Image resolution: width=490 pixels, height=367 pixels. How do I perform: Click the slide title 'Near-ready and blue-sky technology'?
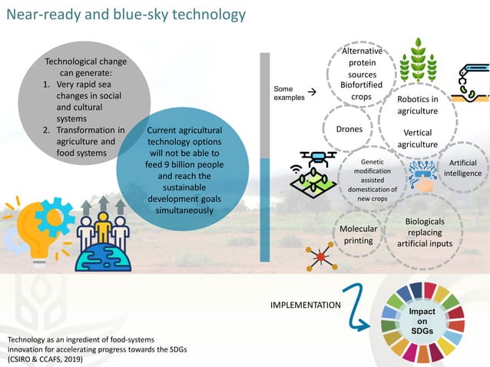[126, 15]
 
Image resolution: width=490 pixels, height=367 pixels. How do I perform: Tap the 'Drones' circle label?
[349, 129]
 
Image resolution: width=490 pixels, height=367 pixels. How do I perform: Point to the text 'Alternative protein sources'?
[362, 62]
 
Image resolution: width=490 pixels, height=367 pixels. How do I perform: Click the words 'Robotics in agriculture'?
[417, 105]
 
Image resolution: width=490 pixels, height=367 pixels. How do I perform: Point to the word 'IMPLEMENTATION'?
[306, 306]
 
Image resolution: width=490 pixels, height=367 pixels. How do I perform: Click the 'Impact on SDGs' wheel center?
[422, 321]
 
